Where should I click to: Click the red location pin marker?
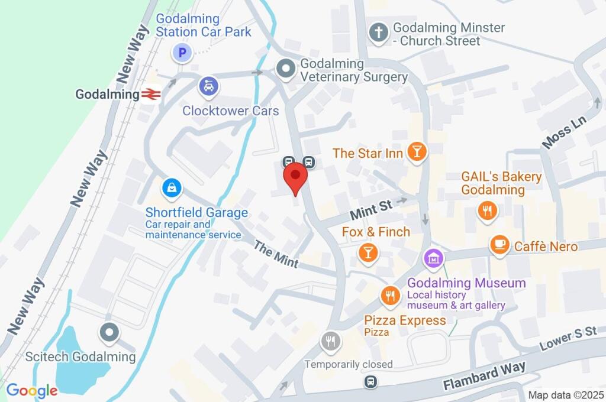pyautogui.click(x=295, y=177)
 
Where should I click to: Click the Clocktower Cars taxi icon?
pyautogui.click(x=208, y=87)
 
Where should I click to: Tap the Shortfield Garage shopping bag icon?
pyautogui.click(x=171, y=189)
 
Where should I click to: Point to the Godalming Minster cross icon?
pyautogui.click(x=378, y=33)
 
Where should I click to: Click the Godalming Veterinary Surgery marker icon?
pyautogui.click(x=286, y=69)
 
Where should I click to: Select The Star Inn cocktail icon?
pyautogui.click(x=417, y=153)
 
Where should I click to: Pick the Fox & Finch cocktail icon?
pyautogui.click(x=368, y=252)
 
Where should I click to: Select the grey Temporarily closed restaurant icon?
pyautogui.click(x=330, y=341)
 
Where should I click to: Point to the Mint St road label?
pyautogui.click(x=371, y=208)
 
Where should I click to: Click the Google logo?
pyautogui.click(x=32, y=390)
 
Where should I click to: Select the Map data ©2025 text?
pyautogui.click(x=565, y=395)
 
